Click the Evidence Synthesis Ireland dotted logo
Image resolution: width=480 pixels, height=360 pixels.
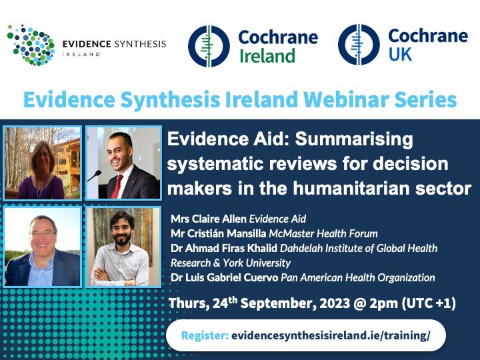[31, 45]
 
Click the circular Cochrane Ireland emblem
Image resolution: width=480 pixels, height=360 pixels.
[209, 46]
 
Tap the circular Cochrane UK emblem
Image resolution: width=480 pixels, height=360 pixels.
[359, 45]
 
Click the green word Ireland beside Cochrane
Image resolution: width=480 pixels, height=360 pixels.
[267, 56]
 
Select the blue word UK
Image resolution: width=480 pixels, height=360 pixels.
[400, 55]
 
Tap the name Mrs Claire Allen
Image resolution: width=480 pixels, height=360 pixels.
[209, 219]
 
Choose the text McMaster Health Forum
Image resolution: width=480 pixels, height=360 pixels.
[323, 233]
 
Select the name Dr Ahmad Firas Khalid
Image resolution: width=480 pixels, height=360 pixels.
[224, 248]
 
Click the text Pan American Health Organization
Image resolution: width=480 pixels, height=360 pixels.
[358, 277]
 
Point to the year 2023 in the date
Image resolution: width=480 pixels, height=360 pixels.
[335, 303]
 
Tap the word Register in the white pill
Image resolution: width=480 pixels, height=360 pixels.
[205, 335]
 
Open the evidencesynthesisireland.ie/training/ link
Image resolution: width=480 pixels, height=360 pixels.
[331, 335]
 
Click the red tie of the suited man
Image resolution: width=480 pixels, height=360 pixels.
[117, 187]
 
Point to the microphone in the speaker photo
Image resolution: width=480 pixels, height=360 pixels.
[95, 176]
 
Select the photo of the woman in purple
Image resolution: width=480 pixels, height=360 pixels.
[43, 163]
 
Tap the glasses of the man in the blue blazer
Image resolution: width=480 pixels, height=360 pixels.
[42, 234]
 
